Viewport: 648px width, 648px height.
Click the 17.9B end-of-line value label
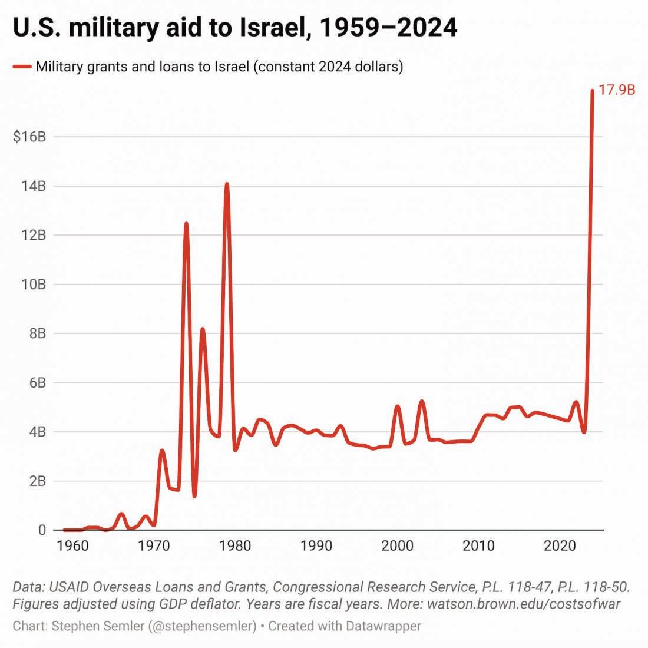point(617,91)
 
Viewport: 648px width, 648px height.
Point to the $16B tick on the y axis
point(29,137)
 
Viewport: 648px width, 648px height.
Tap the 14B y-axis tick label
point(33,186)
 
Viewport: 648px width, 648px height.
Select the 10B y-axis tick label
point(33,285)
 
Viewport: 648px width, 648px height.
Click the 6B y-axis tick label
point(36,383)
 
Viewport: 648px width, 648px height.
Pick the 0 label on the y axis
point(42,530)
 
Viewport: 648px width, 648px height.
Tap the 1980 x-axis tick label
point(235,545)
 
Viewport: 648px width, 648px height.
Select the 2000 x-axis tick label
point(398,545)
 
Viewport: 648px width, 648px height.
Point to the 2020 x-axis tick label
point(560,545)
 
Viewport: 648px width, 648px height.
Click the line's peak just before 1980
point(227,185)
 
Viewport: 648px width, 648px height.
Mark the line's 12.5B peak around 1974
point(186,224)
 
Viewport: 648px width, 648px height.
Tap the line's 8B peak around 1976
point(203,329)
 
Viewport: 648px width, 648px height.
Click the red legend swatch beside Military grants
point(22,67)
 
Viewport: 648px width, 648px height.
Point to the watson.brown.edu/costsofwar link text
point(524,604)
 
